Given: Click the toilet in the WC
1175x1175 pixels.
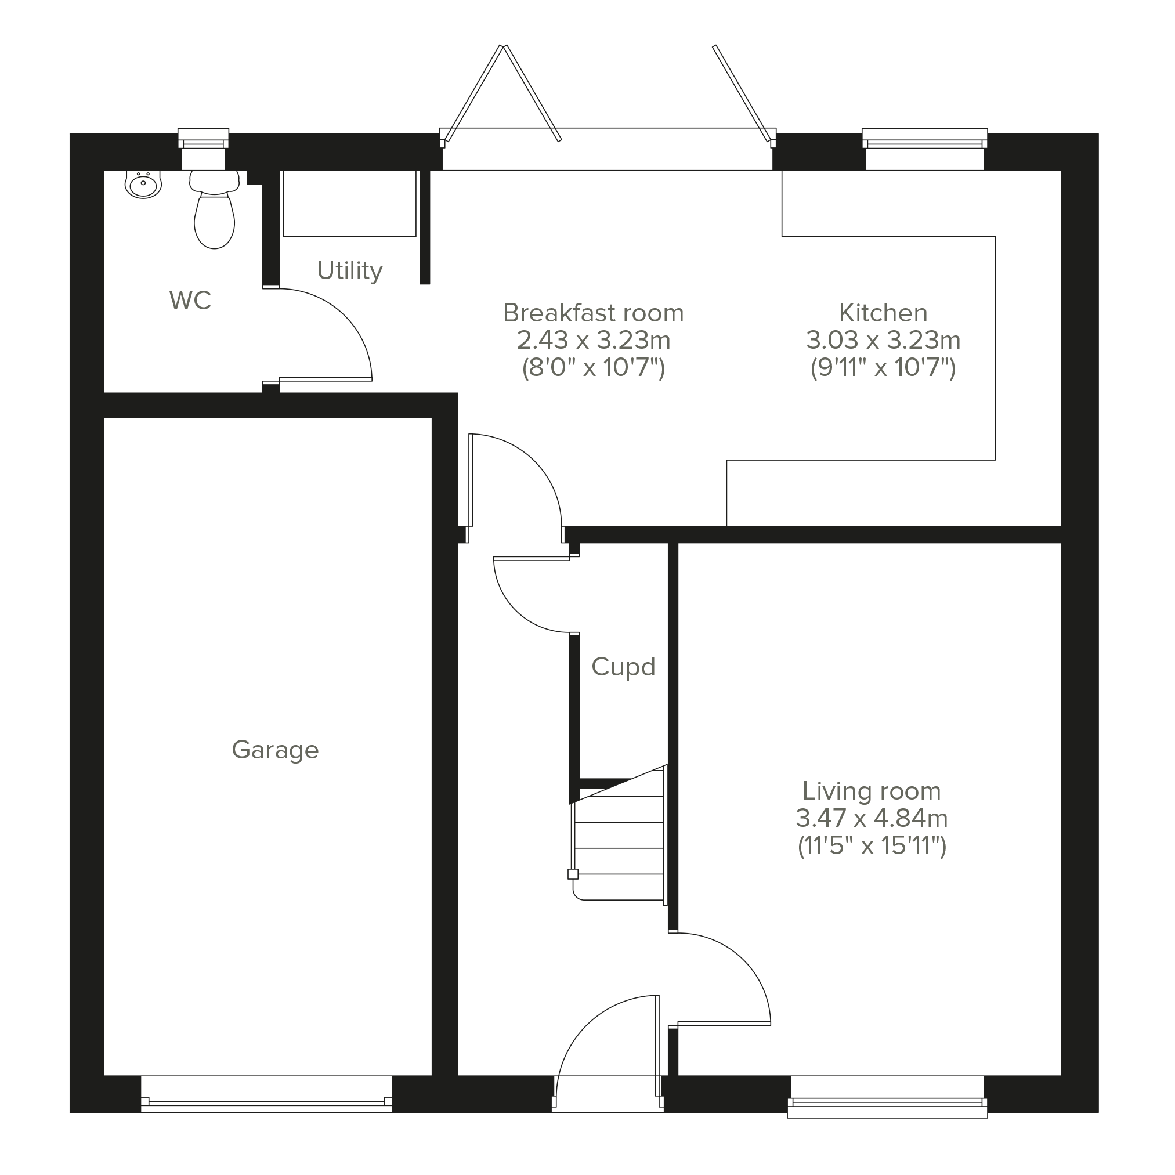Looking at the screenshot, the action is click(214, 210).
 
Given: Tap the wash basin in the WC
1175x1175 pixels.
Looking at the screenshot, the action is click(143, 185).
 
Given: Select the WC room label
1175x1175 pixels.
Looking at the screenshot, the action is click(190, 301).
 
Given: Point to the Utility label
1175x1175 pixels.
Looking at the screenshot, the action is click(350, 270).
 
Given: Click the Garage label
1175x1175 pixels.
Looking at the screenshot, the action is click(275, 750).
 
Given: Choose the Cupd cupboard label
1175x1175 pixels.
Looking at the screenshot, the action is click(623, 667).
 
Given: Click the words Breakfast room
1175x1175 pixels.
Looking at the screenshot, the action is click(594, 313).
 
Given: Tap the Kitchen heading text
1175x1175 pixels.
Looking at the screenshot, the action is click(883, 313).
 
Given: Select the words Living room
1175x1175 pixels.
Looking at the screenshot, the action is click(872, 791).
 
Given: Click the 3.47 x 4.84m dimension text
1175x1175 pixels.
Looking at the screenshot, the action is click(872, 818).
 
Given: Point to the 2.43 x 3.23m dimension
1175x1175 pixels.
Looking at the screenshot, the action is click(594, 340).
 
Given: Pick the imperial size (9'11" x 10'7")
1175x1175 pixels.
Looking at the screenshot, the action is click(883, 367).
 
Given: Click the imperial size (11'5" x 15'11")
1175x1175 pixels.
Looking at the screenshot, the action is click(872, 845).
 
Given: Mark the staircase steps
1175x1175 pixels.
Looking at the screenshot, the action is click(619, 838).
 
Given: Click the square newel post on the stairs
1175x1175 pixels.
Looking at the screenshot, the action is click(572, 874).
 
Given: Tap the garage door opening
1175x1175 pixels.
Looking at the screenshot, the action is click(266, 1094).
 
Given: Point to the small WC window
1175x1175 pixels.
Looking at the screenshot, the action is click(203, 149).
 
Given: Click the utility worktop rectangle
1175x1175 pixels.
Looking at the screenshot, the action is click(350, 204).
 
